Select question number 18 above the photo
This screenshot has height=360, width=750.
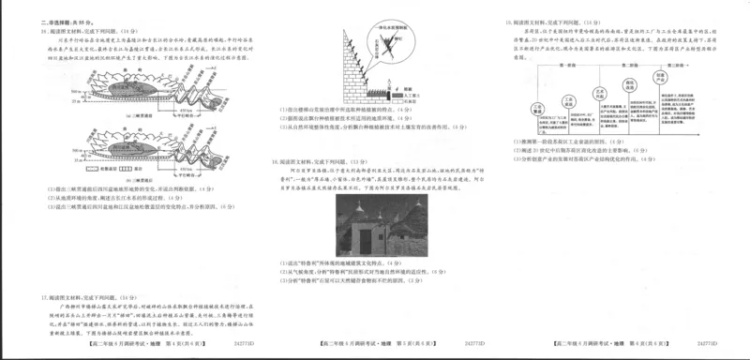pos(275,161)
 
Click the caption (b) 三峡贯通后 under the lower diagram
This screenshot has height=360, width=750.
pos(106,177)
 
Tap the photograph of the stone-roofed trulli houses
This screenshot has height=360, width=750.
pos(372,229)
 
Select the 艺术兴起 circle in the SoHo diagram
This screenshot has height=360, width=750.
pos(601,90)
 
